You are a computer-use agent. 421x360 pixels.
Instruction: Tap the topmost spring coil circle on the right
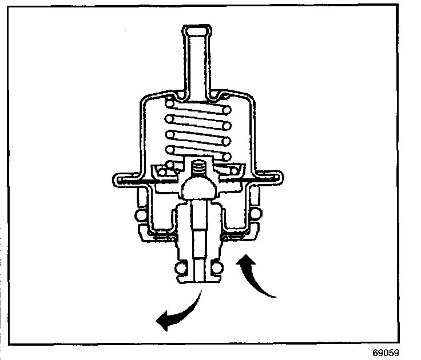pos(228,109)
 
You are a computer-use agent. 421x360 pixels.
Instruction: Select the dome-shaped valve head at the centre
pos(198,186)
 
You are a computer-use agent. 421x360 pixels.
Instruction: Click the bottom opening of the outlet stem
pos(198,280)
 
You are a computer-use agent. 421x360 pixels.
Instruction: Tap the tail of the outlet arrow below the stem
pos(200,293)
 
